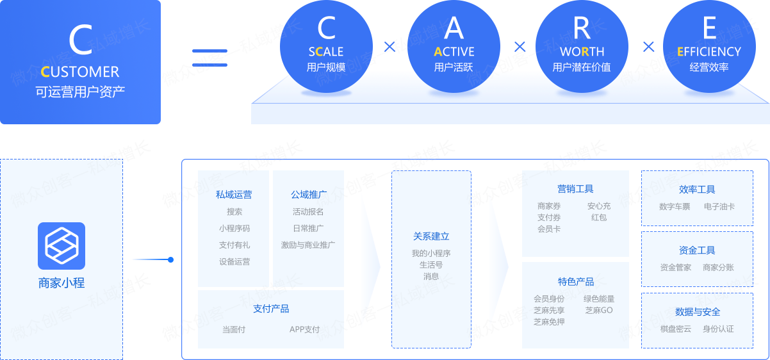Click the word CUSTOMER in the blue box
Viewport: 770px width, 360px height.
[x=80, y=72]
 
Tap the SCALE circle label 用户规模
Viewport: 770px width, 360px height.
[x=326, y=67]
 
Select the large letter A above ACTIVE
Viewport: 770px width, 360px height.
[x=454, y=28]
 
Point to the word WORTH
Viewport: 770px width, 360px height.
[x=582, y=52]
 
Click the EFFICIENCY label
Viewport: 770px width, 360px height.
[x=709, y=52]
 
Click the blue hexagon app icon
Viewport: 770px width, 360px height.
[x=61, y=246]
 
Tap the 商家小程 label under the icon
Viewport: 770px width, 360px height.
[x=61, y=282]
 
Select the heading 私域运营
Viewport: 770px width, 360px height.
[x=234, y=195]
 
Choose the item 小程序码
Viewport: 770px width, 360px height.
[x=234, y=228]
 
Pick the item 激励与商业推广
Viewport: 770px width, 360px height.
[x=308, y=245]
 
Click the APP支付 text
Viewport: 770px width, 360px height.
[x=304, y=329]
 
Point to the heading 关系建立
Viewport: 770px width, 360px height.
[x=431, y=236]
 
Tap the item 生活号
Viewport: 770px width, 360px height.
[x=431, y=265]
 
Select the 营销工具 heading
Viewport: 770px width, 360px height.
[x=575, y=189]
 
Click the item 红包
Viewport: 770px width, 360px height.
[x=599, y=217]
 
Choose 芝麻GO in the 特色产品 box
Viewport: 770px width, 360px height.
[x=599, y=310]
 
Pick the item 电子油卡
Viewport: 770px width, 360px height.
[x=719, y=207]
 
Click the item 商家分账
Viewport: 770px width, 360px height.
[x=718, y=268]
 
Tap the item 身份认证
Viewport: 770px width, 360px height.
[x=718, y=329]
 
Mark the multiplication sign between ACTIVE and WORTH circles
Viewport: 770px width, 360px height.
[x=520, y=47]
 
